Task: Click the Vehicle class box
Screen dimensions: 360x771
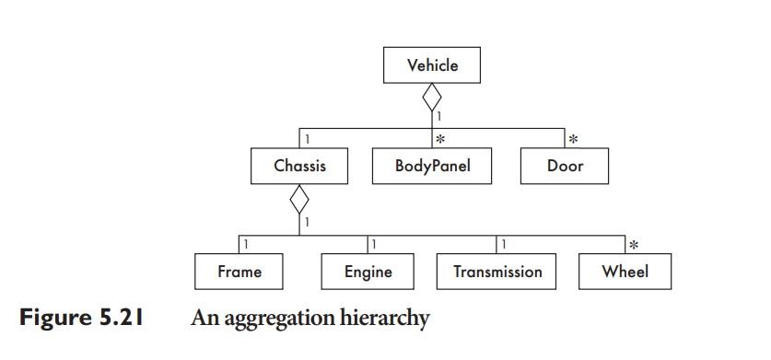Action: click(432, 65)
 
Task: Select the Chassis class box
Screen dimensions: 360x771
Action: click(299, 167)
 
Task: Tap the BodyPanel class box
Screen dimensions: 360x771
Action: click(432, 167)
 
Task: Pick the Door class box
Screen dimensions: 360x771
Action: click(565, 167)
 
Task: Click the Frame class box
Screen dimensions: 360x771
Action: click(239, 272)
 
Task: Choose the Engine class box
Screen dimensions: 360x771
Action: click(368, 272)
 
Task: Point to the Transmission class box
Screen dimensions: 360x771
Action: click(497, 272)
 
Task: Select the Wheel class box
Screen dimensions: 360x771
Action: click(625, 272)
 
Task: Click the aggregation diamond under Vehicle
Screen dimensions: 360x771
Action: click(432, 96)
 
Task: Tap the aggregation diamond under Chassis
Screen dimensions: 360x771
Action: click(299, 197)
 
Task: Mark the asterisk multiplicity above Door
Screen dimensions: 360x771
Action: click(573, 140)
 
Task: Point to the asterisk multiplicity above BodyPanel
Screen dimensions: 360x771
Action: click(440, 140)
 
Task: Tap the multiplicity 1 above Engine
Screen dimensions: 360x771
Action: click(374, 244)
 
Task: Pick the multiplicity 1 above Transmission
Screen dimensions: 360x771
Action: click(504, 244)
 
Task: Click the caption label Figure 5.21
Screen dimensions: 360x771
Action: click(80, 319)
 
